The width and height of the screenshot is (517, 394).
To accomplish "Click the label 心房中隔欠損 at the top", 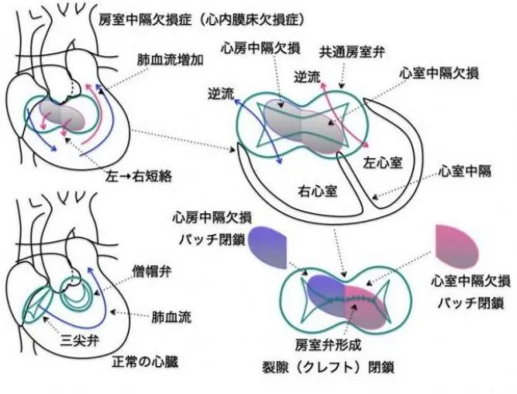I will click(259, 47).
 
